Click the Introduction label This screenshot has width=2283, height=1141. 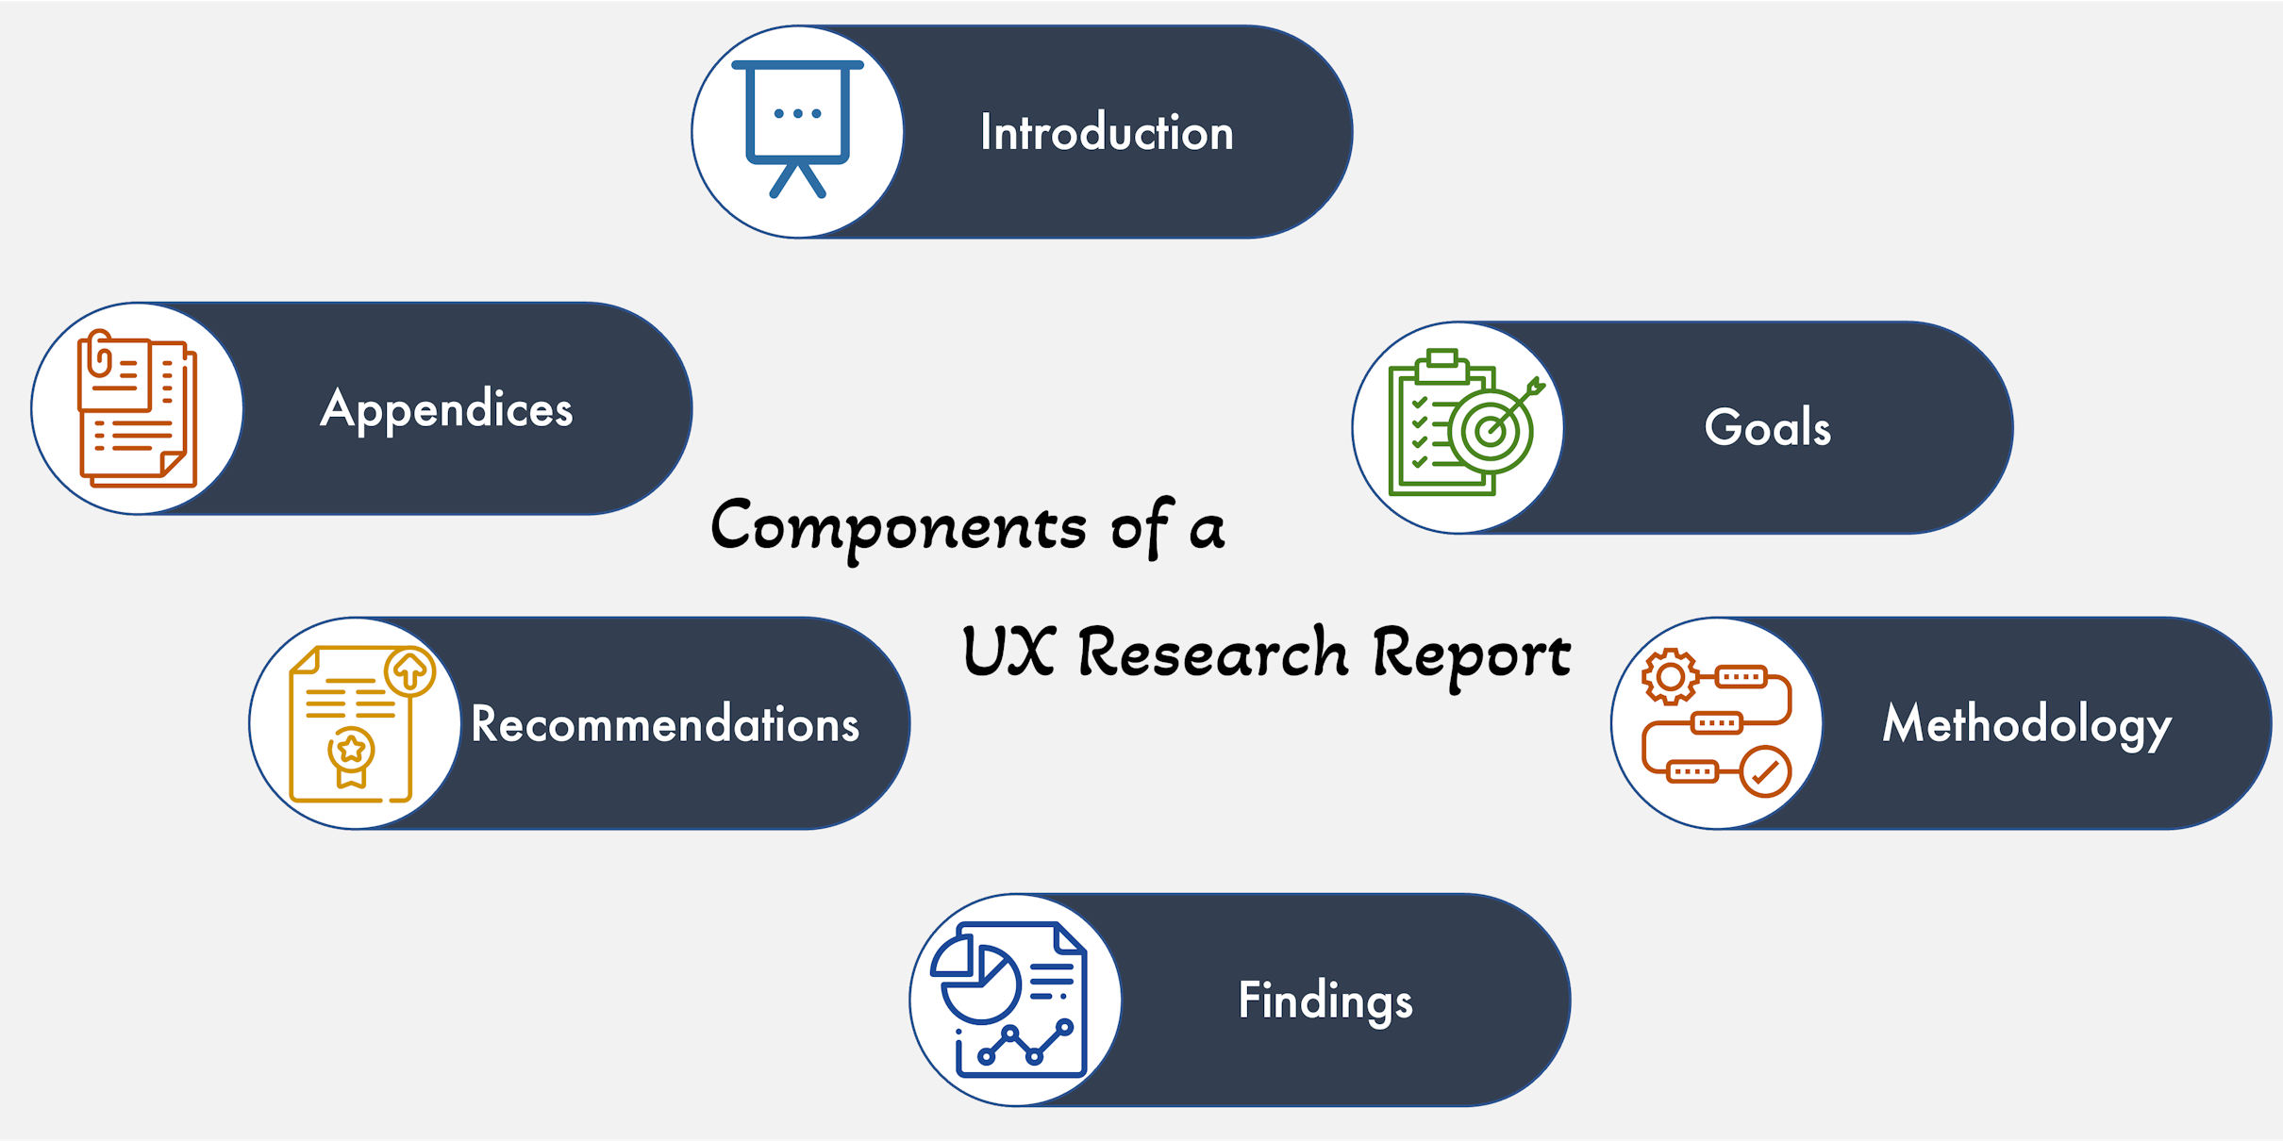click(1107, 132)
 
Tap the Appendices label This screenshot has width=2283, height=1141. click(446, 410)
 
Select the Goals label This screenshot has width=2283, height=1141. click(1768, 427)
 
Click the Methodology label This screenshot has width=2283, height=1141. click(2027, 725)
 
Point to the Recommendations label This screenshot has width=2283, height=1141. click(665, 724)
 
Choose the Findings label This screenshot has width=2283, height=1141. click(1325, 1001)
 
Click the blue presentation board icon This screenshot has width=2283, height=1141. click(798, 129)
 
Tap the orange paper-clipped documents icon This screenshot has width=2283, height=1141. click(138, 408)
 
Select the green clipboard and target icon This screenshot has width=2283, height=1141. click(1465, 422)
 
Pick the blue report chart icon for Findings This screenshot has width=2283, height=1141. click(1008, 1000)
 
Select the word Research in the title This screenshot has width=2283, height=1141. click(1213, 652)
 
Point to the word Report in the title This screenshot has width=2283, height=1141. click(1472, 656)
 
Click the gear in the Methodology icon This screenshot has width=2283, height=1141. click(1670, 676)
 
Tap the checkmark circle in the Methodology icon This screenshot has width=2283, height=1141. click(1765, 772)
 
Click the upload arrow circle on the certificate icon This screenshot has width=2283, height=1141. click(409, 671)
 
